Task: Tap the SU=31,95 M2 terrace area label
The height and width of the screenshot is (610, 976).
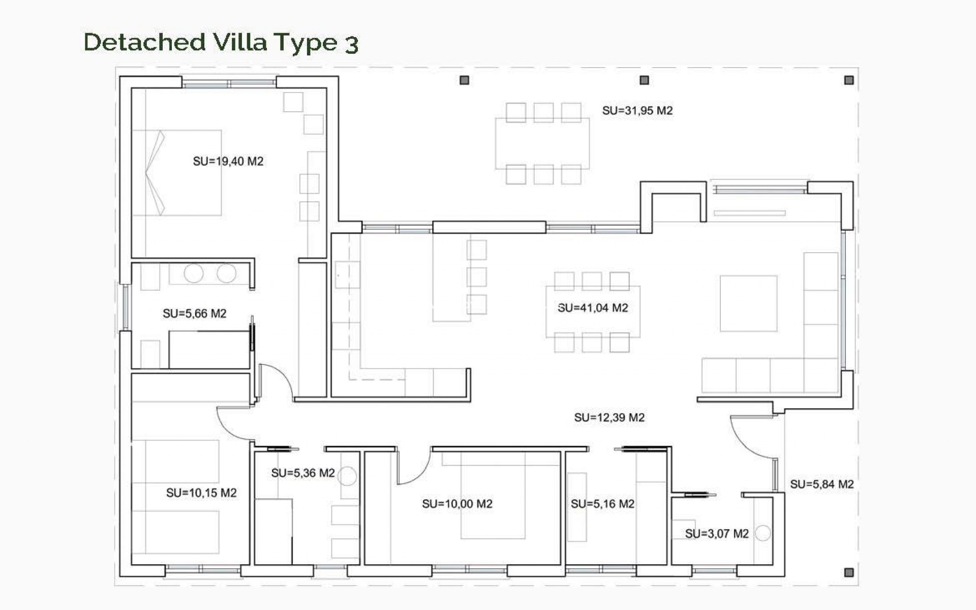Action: click(637, 111)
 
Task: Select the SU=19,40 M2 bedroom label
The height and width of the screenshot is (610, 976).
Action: click(228, 162)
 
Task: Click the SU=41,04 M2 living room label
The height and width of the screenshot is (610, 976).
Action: click(593, 308)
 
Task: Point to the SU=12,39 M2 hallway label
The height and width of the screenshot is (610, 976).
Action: click(609, 418)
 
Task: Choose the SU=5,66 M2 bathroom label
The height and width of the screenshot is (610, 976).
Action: click(194, 314)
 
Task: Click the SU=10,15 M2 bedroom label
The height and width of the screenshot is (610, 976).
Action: click(201, 493)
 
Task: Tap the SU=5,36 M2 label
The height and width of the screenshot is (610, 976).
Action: click(302, 473)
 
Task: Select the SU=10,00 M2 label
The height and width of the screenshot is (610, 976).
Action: click(457, 504)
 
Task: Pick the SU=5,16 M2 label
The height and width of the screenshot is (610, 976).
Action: click(602, 504)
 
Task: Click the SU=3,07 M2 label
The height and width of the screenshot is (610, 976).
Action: click(716, 534)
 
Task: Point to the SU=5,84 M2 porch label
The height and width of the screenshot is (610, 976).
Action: click(821, 484)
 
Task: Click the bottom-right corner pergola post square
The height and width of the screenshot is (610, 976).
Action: click(848, 572)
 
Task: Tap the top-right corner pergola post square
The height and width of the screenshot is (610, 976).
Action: click(848, 80)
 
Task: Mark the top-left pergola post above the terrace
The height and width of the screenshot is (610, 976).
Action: click(464, 80)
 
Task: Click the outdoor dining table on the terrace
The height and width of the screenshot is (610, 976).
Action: click(542, 143)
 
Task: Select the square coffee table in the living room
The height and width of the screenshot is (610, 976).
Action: click(748, 303)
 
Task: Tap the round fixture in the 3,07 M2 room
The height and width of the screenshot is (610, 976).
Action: click(762, 533)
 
